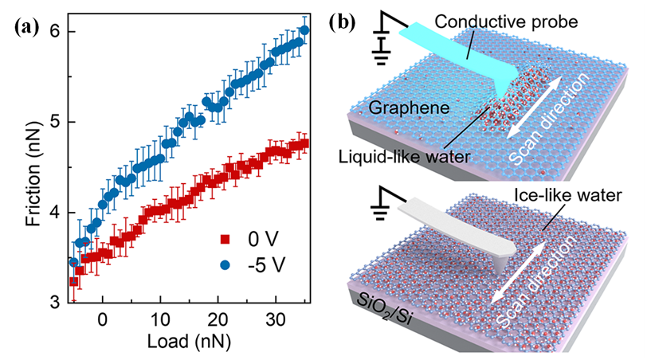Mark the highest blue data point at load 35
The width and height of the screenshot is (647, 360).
click(304, 30)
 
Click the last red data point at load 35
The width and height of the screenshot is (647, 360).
click(304, 144)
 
